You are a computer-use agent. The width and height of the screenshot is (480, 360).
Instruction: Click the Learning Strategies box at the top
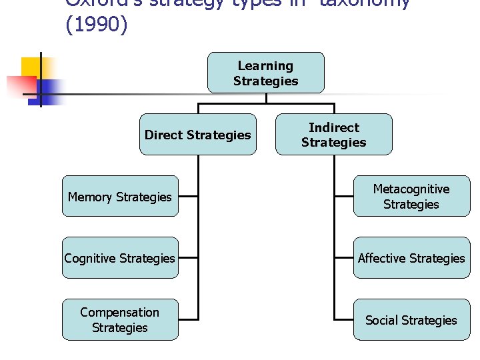(x=265, y=73)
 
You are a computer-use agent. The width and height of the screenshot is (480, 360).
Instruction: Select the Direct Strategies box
(x=197, y=135)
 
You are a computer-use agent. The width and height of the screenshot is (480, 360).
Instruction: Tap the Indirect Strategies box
(x=333, y=135)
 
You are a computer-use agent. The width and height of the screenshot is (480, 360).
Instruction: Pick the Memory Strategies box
(x=120, y=197)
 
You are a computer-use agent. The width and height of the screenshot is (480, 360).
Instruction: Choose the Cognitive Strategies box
(x=120, y=258)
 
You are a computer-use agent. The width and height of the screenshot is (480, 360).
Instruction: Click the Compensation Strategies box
(x=120, y=320)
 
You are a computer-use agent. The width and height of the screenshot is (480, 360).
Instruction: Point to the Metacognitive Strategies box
(x=411, y=197)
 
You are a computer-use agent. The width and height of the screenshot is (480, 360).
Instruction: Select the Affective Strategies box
(x=411, y=258)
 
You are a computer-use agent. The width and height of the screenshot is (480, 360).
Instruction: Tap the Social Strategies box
(x=411, y=320)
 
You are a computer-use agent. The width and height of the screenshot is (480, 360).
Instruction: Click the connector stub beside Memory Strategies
(x=188, y=197)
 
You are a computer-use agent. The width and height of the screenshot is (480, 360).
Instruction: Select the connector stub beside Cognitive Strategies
(x=188, y=258)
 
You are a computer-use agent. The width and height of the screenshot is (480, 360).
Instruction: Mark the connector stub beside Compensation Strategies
(x=188, y=320)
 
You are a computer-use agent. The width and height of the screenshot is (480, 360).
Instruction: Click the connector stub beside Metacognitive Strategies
(x=344, y=197)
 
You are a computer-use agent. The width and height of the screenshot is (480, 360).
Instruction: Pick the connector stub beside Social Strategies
(x=344, y=320)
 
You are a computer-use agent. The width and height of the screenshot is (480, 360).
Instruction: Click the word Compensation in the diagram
(x=120, y=313)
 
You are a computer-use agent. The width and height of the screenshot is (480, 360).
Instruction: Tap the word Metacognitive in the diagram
(x=411, y=189)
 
